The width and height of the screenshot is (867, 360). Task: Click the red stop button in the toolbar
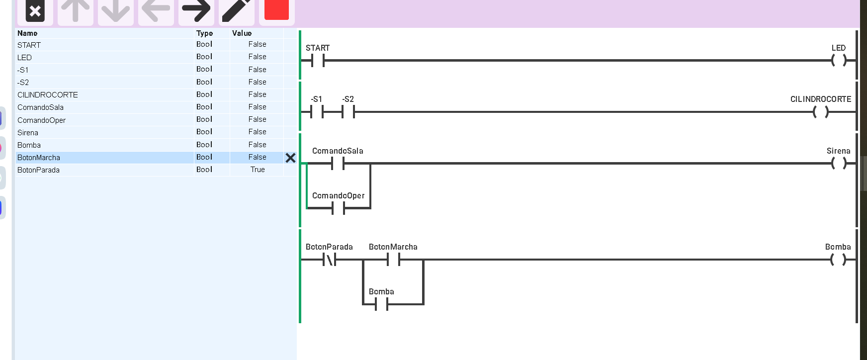pos(276,9)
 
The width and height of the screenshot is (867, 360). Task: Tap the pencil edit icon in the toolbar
pos(237,10)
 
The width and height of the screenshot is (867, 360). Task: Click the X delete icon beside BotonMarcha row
pos(290,158)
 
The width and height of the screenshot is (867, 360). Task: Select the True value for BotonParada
pos(258,170)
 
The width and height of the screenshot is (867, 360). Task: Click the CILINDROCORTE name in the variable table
pos(48,95)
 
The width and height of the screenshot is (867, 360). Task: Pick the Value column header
pos(242,33)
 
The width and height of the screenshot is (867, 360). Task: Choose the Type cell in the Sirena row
pos(204,132)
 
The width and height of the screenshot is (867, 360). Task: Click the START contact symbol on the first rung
pos(318,61)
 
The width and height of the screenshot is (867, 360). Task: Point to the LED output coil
pos(839,61)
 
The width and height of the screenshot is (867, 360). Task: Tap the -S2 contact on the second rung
pos(348,112)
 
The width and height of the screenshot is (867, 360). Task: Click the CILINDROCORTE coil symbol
pos(821,112)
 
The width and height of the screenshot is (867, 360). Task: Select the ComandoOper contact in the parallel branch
pos(338,208)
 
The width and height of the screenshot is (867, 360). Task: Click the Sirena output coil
pos(839,163)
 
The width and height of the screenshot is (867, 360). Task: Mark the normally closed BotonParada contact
pos(329,259)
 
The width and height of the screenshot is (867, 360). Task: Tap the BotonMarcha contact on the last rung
pos(394,259)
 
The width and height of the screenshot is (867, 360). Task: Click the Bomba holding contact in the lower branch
pos(382,304)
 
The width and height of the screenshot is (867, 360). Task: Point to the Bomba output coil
pos(839,259)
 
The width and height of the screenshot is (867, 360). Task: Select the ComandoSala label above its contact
pos(338,151)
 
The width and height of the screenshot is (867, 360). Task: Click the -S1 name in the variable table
pos(23,70)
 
